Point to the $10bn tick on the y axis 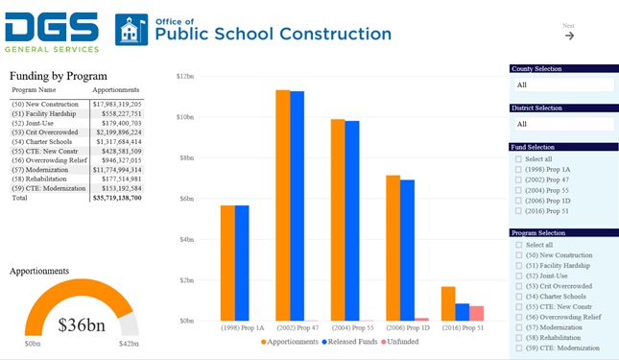coord(188,116)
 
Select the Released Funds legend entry coord(349,342)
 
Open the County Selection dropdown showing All coord(561,84)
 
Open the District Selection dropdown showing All coord(561,124)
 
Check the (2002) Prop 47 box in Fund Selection coord(519,180)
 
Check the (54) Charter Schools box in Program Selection coord(519,296)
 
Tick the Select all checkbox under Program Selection coord(519,245)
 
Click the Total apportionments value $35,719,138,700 coord(116,198)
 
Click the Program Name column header coord(34,90)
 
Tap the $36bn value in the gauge coord(81,324)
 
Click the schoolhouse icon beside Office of coord(131,30)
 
